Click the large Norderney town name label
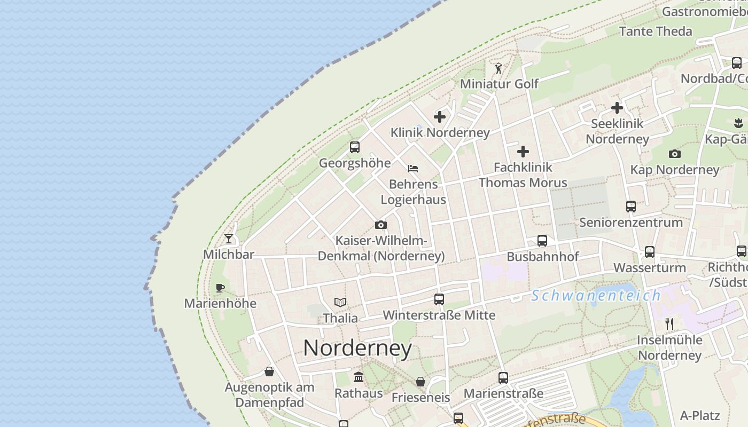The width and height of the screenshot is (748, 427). pyautogui.click(x=357, y=349)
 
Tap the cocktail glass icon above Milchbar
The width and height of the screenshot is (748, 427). pyautogui.click(x=229, y=238)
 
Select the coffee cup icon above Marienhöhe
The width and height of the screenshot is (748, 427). pyautogui.click(x=220, y=288)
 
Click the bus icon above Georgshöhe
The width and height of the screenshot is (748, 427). pyautogui.click(x=354, y=147)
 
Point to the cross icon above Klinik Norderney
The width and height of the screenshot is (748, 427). pyautogui.click(x=440, y=116)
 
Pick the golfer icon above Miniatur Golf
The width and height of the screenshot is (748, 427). pyautogui.click(x=498, y=68)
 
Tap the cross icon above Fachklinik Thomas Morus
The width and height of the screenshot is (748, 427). pyautogui.click(x=523, y=152)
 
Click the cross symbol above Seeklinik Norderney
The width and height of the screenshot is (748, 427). pyautogui.click(x=617, y=108)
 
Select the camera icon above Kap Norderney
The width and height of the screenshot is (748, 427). pyautogui.click(x=675, y=154)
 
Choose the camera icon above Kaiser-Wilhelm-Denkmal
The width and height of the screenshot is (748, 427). pyautogui.click(x=380, y=225)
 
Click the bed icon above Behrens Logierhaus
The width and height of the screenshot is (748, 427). pyautogui.click(x=413, y=169)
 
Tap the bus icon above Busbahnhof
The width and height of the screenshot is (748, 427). pyautogui.click(x=542, y=241)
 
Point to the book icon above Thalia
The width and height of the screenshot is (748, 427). pyautogui.click(x=340, y=302)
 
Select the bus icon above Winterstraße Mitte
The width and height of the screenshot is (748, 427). pyautogui.click(x=439, y=299)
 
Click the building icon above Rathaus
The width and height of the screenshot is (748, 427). pyautogui.click(x=359, y=377)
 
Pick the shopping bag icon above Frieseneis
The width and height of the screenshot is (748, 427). pyautogui.click(x=420, y=382)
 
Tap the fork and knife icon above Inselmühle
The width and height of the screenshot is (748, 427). pyautogui.click(x=669, y=323)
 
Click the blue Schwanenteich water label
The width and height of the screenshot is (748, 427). pyautogui.click(x=596, y=295)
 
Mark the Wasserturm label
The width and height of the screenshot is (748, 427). pyautogui.click(x=649, y=267)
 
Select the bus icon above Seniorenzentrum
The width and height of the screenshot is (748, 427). pyautogui.click(x=631, y=207)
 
